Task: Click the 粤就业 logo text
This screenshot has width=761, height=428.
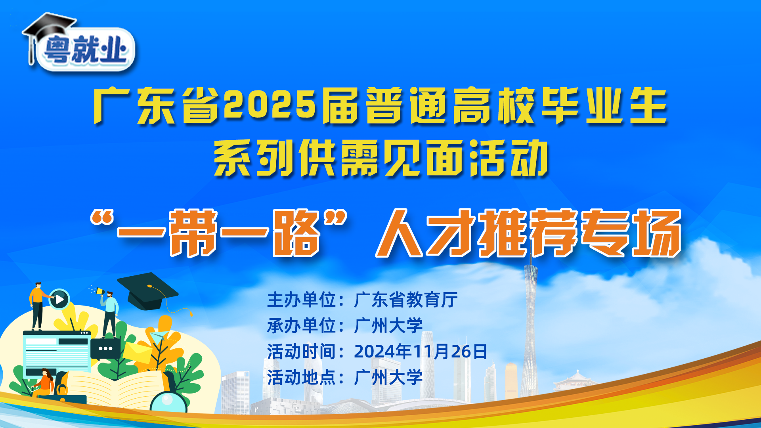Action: [x=86, y=50]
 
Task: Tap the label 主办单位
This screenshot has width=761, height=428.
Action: [x=302, y=300]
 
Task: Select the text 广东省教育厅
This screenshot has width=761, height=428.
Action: [x=406, y=300]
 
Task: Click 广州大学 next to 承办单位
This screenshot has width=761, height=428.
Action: [x=388, y=326]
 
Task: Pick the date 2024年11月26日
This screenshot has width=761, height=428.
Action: [x=421, y=352]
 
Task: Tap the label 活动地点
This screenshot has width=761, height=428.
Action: [x=302, y=377]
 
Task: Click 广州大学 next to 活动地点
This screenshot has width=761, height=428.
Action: [x=388, y=377]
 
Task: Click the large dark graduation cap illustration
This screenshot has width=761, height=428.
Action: [x=147, y=291]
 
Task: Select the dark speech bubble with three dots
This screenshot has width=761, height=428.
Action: [x=105, y=349]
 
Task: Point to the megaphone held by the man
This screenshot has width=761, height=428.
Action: [x=99, y=291]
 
